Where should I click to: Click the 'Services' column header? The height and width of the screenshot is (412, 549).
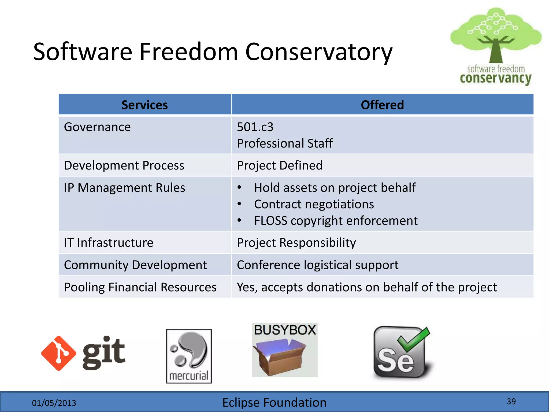click(144, 105)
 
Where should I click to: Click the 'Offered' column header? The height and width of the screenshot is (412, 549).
click(382, 105)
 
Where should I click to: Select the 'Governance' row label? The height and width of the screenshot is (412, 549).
click(97, 127)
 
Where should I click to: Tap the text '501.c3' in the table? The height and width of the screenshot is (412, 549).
click(255, 127)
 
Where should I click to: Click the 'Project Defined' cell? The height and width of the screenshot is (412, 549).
click(280, 165)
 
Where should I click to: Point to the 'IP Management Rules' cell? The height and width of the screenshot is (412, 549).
click(124, 188)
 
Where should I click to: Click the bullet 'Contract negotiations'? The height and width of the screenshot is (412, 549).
click(314, 204)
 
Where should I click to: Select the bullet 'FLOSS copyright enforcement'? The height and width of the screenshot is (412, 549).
click(336, 221)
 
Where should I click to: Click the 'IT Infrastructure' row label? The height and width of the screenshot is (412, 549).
click(109, 243)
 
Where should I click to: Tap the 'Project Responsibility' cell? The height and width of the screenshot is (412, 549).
click(296, 243)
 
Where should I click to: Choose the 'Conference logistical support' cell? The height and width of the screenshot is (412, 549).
click(318, 265)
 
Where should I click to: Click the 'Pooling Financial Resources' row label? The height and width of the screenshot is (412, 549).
click(140, 287)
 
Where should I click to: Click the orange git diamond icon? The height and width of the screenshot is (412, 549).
click(58, 353)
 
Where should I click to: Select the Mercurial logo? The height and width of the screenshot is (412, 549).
click(189, 356)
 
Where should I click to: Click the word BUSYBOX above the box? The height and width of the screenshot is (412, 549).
click(285, 330)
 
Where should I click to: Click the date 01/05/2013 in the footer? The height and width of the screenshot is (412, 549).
click(54, 403)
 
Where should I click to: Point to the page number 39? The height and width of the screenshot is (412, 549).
click(511, 401)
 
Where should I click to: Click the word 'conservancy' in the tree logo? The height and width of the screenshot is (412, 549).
click(495, 78)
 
